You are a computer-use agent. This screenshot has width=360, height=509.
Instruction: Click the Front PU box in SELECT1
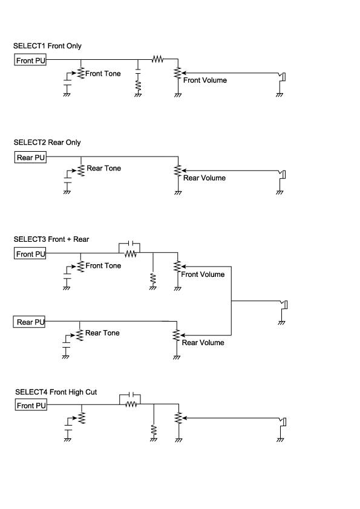(x=30, y=60)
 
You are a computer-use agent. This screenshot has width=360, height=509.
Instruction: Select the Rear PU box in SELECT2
(x=30, y=157)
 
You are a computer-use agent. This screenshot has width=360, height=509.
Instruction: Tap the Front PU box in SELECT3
(x=30, y=253)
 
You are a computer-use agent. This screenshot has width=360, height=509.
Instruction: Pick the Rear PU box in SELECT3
(x=29, y=322)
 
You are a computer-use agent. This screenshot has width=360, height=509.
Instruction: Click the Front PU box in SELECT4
(x=31, y=405)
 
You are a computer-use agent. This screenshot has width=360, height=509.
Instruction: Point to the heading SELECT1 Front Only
(x=47, y=46)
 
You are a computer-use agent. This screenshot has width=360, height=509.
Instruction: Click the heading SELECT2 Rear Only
(x=47, y=142)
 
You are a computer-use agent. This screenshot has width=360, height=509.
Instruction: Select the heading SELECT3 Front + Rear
(x=51, y=239)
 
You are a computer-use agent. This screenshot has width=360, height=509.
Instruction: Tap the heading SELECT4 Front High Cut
(x=56, y=392)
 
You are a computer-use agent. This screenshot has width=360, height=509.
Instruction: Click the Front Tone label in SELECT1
(x=103, y=74)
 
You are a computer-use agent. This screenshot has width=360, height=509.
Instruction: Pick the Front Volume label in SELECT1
(x=205, y=80)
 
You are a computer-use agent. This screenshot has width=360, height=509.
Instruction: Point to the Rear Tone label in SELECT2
(x=103, y=168)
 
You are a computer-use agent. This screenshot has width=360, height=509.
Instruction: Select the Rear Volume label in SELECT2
(x=205, y=178)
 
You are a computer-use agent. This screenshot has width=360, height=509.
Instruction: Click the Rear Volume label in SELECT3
(x=203, y=343)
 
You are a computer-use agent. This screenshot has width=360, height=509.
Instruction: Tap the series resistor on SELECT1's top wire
(x=157, y=59)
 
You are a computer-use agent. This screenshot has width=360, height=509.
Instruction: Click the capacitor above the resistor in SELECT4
(x=131, y=394)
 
